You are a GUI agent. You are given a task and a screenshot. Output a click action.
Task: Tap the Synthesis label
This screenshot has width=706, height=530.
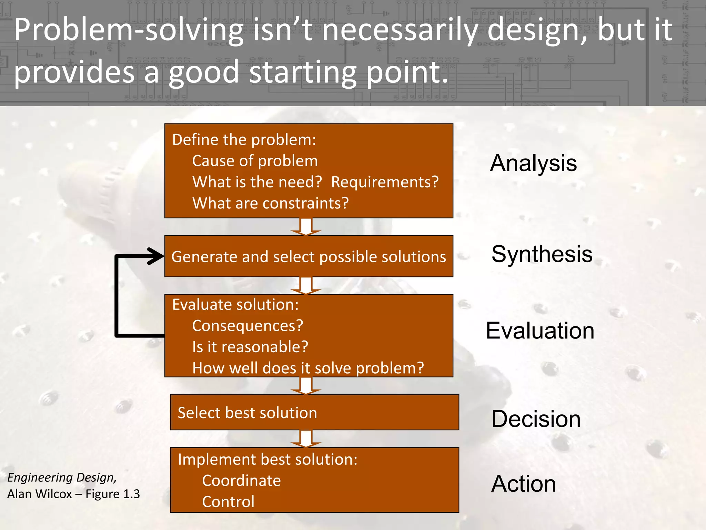[542, 254]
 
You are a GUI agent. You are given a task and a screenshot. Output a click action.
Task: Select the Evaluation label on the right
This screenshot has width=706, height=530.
[540, 331]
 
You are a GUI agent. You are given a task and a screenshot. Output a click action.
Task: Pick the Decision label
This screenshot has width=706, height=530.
[536, 419]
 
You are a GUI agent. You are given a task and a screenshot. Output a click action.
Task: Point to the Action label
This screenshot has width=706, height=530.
[523, 484]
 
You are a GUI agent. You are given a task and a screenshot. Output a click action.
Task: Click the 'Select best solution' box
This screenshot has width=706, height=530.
[314, 412]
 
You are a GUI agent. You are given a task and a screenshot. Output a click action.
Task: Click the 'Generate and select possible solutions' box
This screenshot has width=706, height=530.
[309, 256]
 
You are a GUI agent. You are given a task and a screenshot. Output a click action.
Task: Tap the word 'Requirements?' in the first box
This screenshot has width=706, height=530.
[385, 182]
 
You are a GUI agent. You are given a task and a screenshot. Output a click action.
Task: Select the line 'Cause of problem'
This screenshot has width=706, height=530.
[255, 161]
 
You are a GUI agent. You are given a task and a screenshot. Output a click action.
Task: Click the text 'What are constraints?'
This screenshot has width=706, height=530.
[270, 203]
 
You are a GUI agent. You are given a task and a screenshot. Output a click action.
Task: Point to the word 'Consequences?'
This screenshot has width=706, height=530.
[248, 326]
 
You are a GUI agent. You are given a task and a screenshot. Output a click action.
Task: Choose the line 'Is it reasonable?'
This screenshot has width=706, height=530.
[250, 347]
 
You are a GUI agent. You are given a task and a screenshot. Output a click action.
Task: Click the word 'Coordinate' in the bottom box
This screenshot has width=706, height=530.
[241, 481]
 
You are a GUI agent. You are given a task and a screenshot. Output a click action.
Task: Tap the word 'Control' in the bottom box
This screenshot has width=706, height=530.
[228, 502]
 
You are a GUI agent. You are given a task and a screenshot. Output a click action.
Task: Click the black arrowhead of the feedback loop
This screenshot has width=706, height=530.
[155, 256]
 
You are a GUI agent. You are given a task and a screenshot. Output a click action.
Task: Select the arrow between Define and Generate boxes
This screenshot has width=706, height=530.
[306, 227]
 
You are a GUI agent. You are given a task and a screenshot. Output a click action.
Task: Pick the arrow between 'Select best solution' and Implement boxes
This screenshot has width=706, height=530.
[306, 439]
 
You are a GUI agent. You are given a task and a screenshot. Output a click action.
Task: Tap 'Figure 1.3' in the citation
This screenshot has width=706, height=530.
[112, 494]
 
